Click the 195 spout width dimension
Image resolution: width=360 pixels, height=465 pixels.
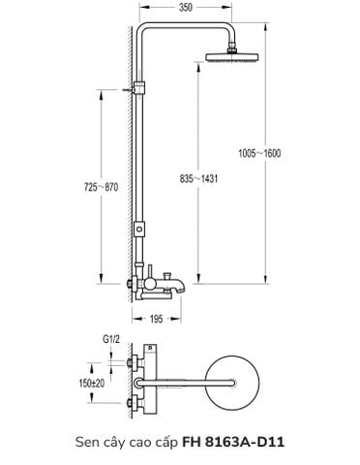point(156,317)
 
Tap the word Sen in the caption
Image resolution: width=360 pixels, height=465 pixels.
point(88,442)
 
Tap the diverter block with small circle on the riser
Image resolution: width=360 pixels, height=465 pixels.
point(141,232)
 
